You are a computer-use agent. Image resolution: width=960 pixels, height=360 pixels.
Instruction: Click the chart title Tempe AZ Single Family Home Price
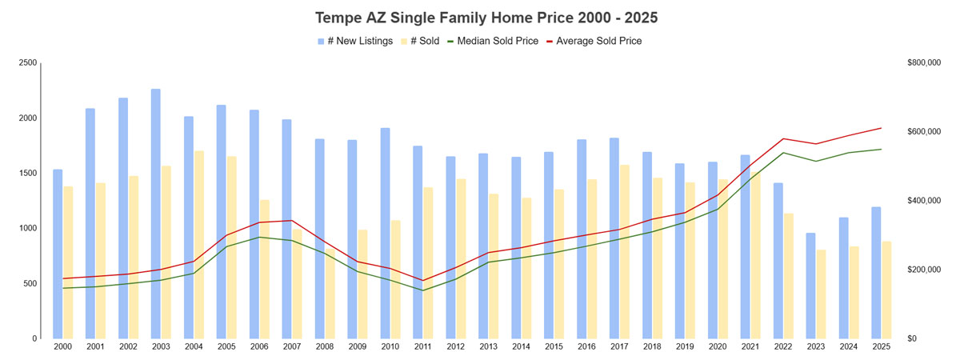coord(480,17)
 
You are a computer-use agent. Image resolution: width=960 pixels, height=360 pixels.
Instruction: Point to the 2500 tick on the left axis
coord(28,62)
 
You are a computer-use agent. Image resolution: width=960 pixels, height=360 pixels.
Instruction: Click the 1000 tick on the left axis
coord(28,228)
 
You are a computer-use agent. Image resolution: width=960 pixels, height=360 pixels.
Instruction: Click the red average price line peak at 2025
coord(881,128)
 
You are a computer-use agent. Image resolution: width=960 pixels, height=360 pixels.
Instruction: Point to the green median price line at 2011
coord(422,290)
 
